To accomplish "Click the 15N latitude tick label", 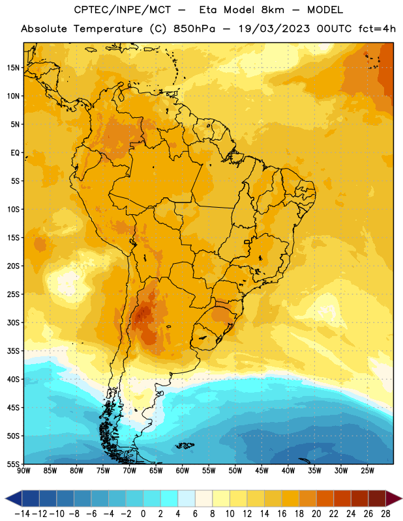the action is [13, 68].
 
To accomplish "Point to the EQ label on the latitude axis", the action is [15, 153].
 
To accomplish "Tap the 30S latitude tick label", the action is [13, 322].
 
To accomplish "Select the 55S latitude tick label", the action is [13, 464].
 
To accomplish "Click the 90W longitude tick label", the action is [24, 471].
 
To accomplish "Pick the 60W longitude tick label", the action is [183, 471].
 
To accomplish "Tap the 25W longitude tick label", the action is [367, 471].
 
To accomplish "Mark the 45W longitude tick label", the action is [261, 471].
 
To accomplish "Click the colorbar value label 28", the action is [385, 514].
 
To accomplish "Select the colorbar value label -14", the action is [22, 514].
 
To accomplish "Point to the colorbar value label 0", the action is [143, 514].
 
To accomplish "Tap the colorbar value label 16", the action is [282, 514].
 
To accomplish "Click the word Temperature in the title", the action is [108, 29].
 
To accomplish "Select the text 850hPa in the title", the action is [194, 29].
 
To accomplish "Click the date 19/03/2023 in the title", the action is [274, 29].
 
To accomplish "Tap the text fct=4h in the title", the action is [377, 29].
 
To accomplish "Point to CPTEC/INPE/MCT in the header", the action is [122, 10].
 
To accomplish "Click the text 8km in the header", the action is [273, 10].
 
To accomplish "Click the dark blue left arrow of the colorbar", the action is [14, 498].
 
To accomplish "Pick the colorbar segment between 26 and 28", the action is [377, 498].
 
